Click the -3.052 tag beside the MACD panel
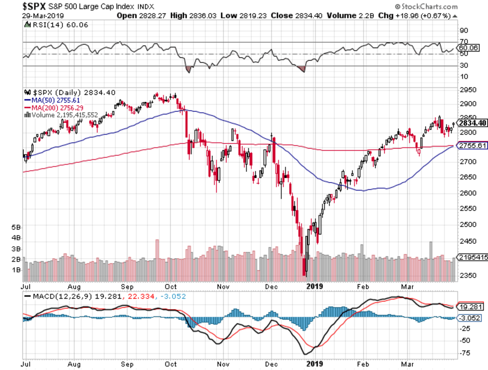[472, 318]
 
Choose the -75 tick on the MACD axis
[463, 353]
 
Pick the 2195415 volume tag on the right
[473, 257]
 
